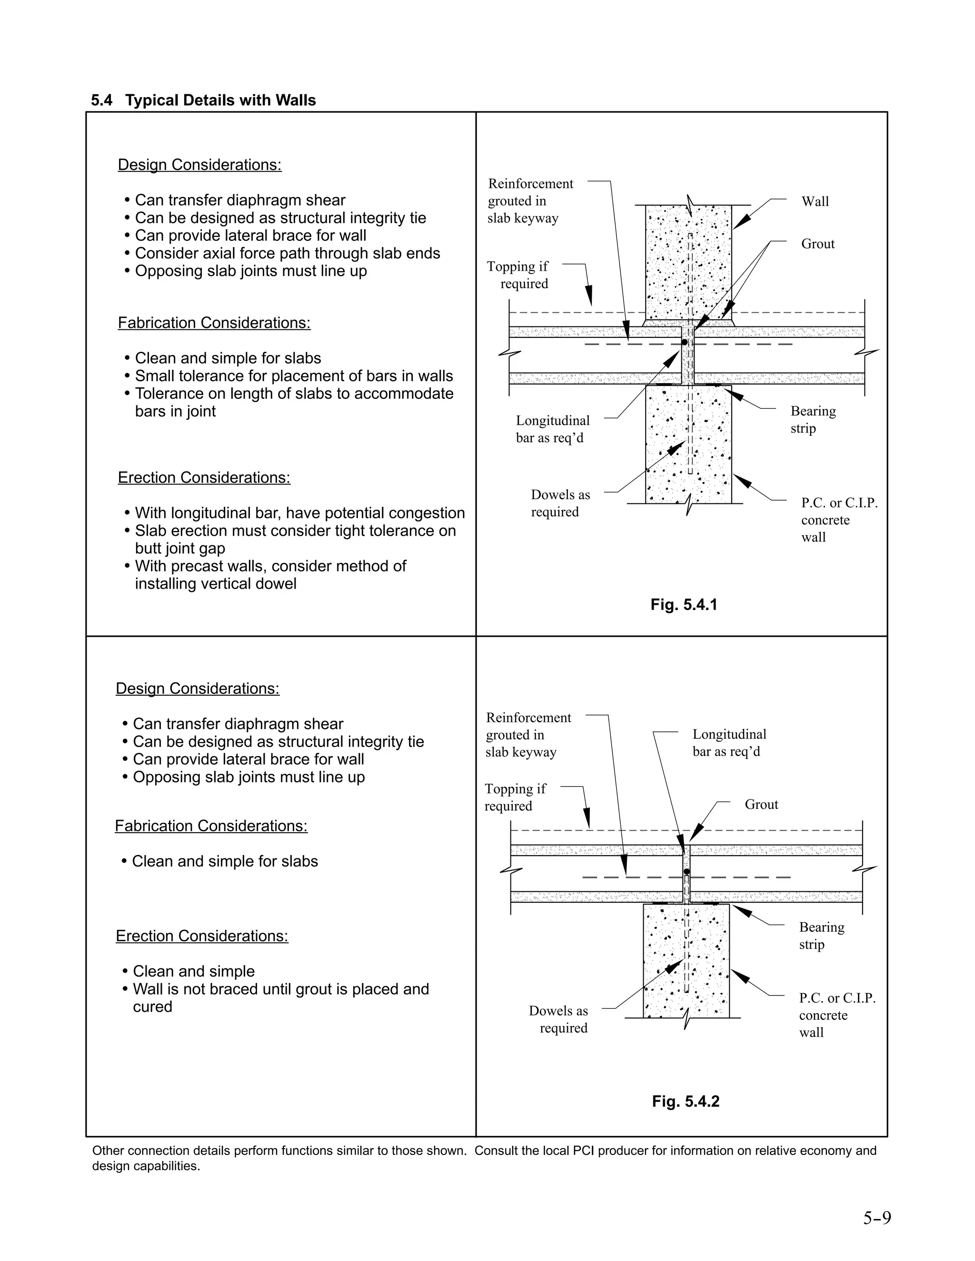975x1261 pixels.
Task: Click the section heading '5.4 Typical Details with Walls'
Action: [203, 100]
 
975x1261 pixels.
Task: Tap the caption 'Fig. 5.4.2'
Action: [686, 1101]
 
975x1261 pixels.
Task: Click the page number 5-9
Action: [877, 1218]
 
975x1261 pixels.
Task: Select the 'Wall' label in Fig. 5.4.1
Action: [815, 201]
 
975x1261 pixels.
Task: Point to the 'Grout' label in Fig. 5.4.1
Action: [817, 244]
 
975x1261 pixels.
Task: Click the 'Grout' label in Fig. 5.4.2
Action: [761, 804]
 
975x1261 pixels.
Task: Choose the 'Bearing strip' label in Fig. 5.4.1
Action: [813, 420]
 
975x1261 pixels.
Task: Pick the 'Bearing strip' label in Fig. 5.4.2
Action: [821, 936]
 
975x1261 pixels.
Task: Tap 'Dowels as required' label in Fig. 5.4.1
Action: [560, 503]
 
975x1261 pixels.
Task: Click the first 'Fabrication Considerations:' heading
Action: [214, 323]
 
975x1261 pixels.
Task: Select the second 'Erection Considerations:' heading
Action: [201, 936]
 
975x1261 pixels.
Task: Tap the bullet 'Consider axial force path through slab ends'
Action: [287, 254]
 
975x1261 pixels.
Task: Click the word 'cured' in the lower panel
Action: [152, 1006]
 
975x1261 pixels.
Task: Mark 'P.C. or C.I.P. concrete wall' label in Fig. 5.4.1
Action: [838, 520]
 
